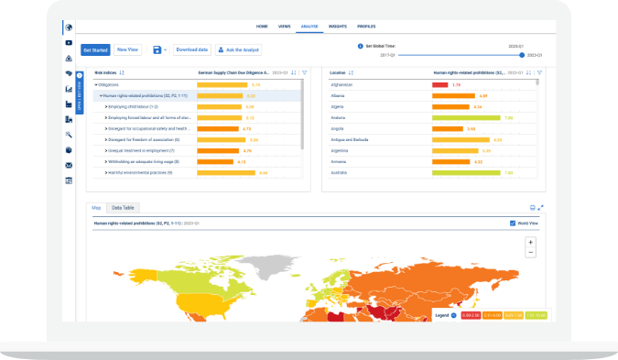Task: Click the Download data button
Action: tap(192, 49)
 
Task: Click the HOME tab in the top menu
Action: tap(263, 27)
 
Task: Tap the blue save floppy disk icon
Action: tap(157, 49)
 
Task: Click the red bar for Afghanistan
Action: tap(439, 83)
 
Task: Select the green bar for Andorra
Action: tap(466, 117)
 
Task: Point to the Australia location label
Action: tap(338, 172)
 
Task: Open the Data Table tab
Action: tap(122, 208)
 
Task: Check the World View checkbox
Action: tap(512, 223)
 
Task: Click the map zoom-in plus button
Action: tap(530, 242)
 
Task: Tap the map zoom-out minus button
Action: tap(530, 252)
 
